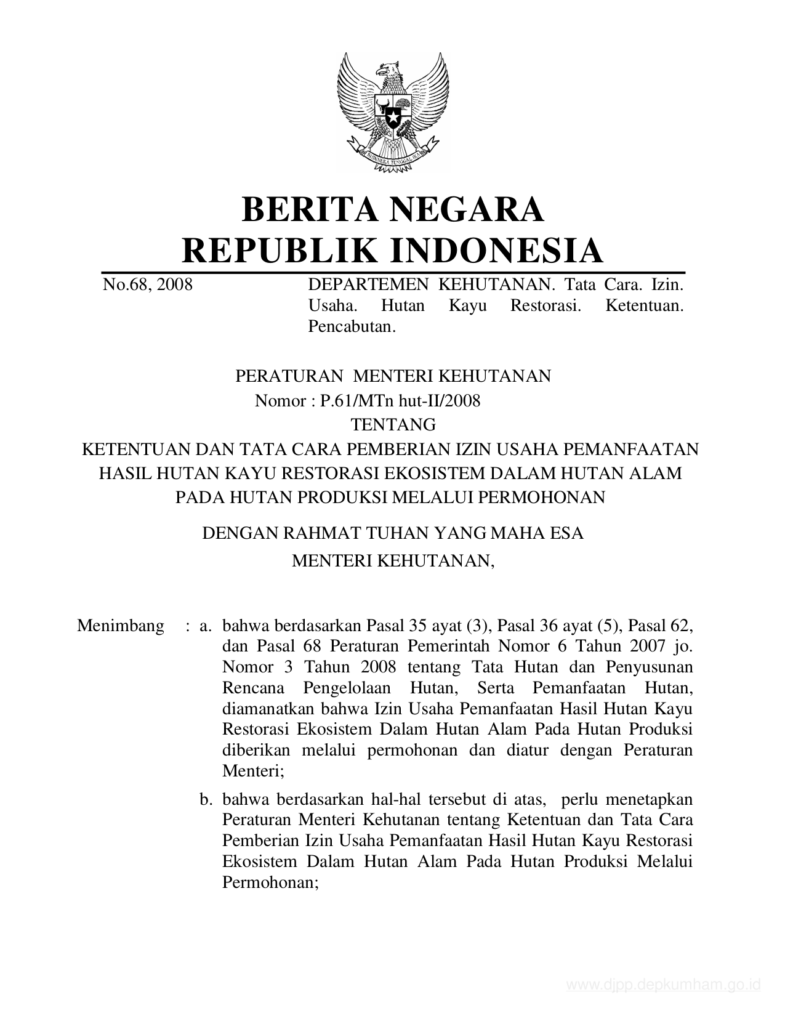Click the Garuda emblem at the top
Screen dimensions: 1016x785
tap(392, 111)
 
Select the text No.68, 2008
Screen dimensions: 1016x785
tap(148, 284)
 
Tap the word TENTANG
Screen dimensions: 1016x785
tap(393, 425)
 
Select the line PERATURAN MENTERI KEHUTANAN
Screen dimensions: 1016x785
tap(393, 376)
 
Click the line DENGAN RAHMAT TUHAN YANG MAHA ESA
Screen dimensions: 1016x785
tap(393, 533)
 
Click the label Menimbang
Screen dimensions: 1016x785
tap(121, 626)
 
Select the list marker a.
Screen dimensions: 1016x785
tap(206, 626)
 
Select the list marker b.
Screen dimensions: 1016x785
tap(206, 800)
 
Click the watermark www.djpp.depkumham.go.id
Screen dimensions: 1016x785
tap(664, 985)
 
